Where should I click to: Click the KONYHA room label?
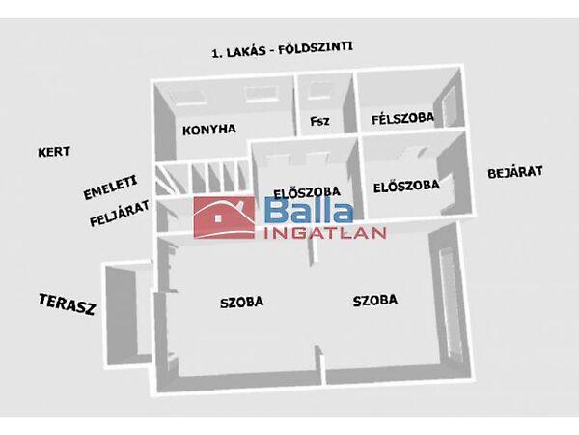click(209, 128)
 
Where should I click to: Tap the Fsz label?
click(319, 121)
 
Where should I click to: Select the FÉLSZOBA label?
click(402, 118)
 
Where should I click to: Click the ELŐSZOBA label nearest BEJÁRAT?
click(406, 184)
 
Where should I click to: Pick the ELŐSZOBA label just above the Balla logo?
click(298, 190)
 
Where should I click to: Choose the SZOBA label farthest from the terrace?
click(374, 301)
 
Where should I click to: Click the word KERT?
click(55, 152)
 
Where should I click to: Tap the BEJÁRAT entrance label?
click(515, 173)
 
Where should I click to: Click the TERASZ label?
click(67, 306)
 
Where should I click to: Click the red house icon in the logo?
click(224, 217)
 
